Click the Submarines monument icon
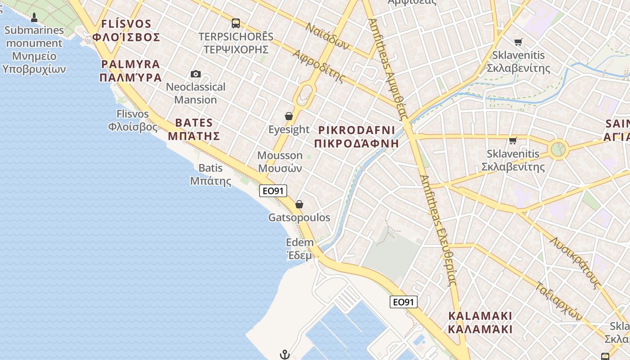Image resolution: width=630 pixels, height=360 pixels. pyautogui.click(x=34, y=18)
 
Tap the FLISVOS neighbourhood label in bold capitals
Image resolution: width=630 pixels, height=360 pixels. pyautogui.click(x=126, y=30)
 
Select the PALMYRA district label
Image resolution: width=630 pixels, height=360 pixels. pyautogui.click(x=130, y=71)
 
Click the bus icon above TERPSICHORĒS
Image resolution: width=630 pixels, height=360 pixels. pyautogui.click(x=236, y=23)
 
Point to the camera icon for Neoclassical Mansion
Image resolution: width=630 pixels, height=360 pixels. pyautogui.click(x=196, y=74)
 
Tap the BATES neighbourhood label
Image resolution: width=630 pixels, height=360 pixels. pyautogui.click(x=194, y=129)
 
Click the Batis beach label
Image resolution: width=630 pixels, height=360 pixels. pyautogui.click(x=211, y=175)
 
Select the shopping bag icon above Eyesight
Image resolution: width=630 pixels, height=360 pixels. pyautogui.click(x=289, y=116)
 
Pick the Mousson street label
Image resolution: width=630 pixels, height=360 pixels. pyautogui.click(x=280, y=162)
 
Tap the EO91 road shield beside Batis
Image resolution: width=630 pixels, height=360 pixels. pyautogui.click(x=273, y=191)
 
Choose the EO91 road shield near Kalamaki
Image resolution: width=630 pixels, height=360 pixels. pyautogui.click(x=404, y=302)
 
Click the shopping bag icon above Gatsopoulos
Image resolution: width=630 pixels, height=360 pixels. pyautogui.click(x=299, y=205)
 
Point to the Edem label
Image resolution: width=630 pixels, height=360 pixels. pyautogui.click(x=300, y=249)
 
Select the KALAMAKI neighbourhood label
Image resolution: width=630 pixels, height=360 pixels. pyautogui.click(x=480, y=322)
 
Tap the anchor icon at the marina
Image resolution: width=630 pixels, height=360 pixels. pyautogui.click(x=284, y=355)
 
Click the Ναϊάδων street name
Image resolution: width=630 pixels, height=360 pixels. pyautogui.click(x=327, y=36)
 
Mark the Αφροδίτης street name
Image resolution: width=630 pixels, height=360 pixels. pyautogui.click(x=319, y=66)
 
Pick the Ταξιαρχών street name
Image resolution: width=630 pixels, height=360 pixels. pyautogui.click(x=559, y=301)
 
